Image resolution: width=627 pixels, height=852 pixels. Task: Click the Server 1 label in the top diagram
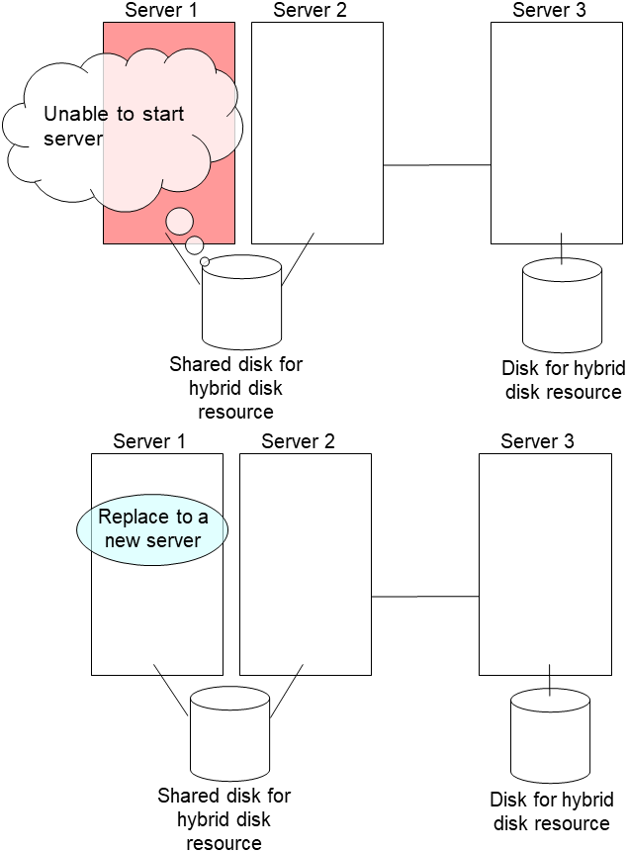click(x=161, y=11)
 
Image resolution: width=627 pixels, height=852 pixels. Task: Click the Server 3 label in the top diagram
click(x=550, y=11)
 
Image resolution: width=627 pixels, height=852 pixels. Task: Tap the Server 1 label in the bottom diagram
click(x=149, y=441)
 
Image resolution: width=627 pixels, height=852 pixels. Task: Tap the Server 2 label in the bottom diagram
click(x=299, y=441)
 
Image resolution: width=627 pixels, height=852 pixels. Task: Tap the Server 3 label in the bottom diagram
click(x=538, y=441)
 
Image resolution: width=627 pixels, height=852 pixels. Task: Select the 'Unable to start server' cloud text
click(x=114, y=126)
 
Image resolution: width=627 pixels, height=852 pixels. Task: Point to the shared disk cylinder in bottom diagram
click(x=229, y=734)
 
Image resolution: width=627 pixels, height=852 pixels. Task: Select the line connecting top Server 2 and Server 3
click(x=436, y=165)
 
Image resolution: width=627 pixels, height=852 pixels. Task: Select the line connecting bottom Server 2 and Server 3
click(x=424, y=597)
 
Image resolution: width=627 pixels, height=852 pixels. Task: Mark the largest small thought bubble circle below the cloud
click(x=179, y=221)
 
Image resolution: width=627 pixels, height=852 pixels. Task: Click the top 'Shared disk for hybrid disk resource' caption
click(x=235, y=387)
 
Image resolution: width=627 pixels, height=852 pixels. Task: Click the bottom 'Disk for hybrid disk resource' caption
click(x=551, y=811)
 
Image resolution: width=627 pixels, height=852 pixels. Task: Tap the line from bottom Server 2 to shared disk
click(x=286, y=696)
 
